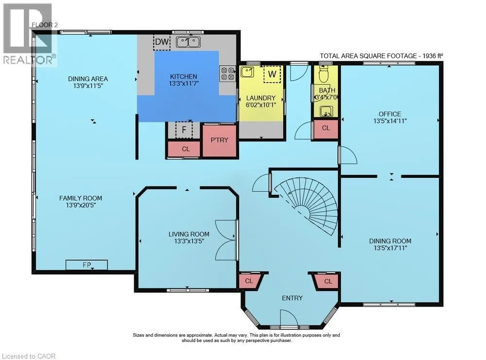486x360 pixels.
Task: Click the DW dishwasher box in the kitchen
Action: [162, 42]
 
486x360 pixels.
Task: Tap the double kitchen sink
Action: [188, 42]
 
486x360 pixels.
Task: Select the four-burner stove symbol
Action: [227, 74]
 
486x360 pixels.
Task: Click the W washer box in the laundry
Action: [272, 74]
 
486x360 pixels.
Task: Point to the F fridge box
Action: [184, 130]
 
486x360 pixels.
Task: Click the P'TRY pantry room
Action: [220, 141]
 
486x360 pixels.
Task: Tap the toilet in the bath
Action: [324, 74]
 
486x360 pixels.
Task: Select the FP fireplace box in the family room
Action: [87, 265]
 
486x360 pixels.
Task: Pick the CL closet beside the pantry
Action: [186, 149]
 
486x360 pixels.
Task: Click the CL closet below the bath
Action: [326, 129]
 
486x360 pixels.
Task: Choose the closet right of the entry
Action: [327, 281]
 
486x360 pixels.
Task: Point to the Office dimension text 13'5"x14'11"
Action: [390, 121]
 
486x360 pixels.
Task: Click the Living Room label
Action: [189, 234]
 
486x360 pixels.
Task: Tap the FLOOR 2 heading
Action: [45, 25]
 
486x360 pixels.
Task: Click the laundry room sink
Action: [247, 72]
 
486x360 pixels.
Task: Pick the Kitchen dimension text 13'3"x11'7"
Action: [184, 84]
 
